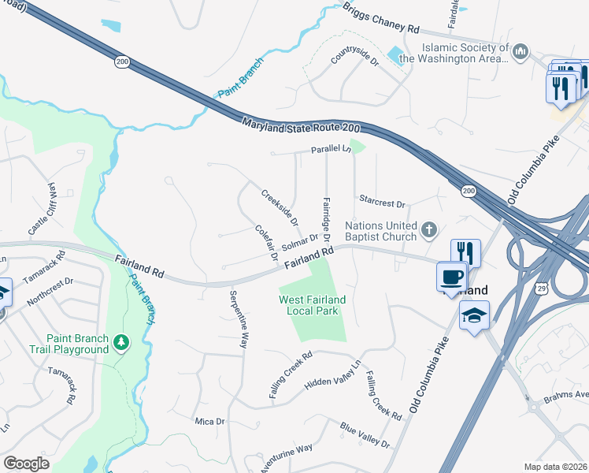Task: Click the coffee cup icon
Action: (452, 277)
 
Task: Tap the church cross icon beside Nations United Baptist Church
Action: (428, 229)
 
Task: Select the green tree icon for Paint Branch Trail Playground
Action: (120, 341)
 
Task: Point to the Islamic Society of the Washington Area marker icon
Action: (519, 53)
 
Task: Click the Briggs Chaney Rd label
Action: (381, 17)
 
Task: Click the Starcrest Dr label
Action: (381, 202)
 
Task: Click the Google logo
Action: (26, 464)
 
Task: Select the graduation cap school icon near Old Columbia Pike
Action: (475, 315)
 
